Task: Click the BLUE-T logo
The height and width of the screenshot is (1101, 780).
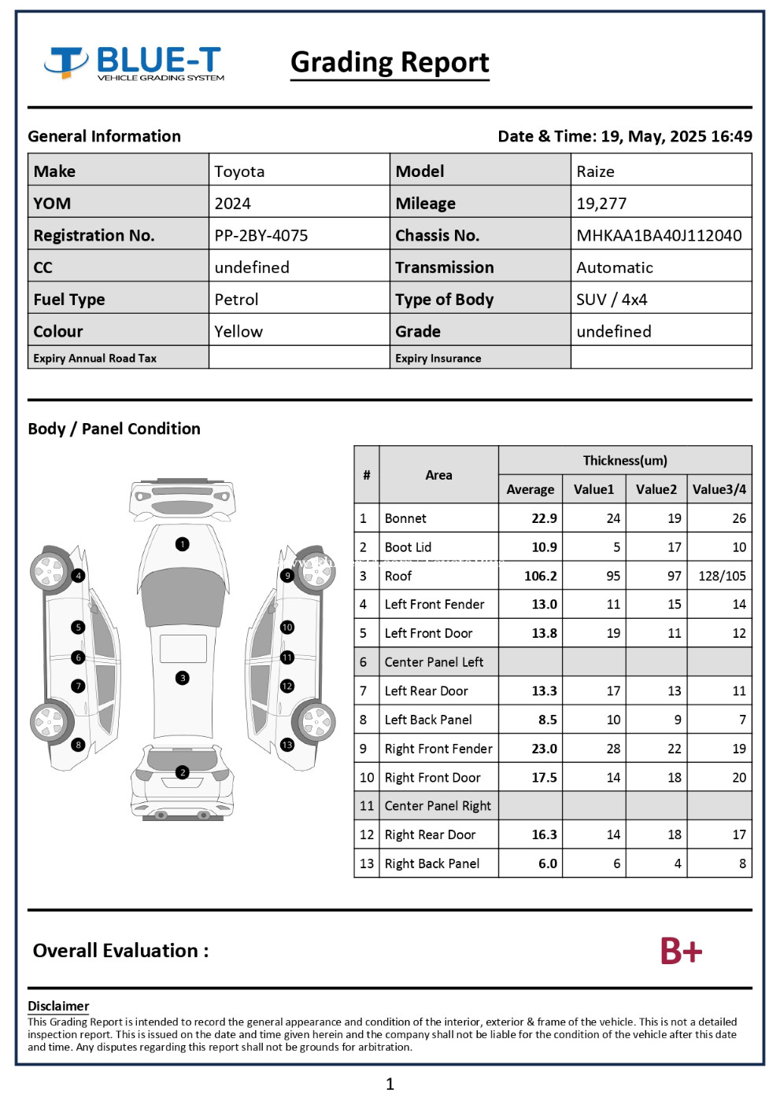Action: [x=135, y=63]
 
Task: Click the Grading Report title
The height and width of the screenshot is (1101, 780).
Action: [x=390, y=62]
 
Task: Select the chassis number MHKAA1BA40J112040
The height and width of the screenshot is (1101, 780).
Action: [x=659, y=235]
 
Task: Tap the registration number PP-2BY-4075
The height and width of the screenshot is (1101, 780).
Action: [x=261, y=235]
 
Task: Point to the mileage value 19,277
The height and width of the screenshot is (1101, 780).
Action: [x=601, y=204]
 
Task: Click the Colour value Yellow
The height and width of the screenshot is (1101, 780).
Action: [x=238, y=331]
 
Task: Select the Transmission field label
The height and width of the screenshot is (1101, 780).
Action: [x=445, y=267]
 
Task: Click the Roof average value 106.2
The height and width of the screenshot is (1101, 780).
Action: [x=541, y=576]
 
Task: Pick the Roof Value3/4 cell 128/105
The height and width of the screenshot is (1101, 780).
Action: [x=722, y=576]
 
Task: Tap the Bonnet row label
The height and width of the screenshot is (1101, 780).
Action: [x=405, y=518]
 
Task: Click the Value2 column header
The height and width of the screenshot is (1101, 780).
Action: [x=656, y=489]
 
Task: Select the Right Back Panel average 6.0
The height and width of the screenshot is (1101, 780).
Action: [x=547, y=863]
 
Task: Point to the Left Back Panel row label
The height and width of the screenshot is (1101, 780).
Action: [x=428, y=720]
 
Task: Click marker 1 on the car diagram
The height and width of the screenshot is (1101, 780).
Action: [x=183, y=544]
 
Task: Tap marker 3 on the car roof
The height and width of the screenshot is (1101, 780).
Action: [x=183, y=678]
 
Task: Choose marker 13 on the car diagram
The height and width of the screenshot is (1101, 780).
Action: [x=287, y=745]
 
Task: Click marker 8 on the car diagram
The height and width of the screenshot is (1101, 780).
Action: [x=78, y=745]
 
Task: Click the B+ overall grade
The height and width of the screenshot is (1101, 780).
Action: [x=681, y=951]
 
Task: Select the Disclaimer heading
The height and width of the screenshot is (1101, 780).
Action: [x=58, y=1006]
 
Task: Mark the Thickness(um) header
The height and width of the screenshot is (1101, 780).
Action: [x=625, y=460]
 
